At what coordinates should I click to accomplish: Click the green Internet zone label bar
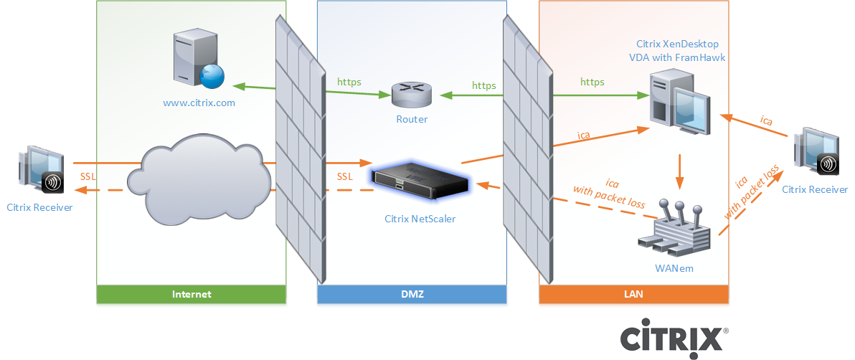pyautogui.click(x=192, y=294)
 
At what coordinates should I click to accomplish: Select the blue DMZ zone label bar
pyautogui.click(x=412, y=294)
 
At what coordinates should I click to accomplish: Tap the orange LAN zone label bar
pyautogui.click(x=633, y=294)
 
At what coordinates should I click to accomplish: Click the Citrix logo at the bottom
pyautogui.click(x=673, y=337)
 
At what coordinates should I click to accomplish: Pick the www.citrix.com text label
pyautogui.click(x=199, y=103)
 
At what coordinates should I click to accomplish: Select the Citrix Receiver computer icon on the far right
pyautogui.click(x=815, y=153)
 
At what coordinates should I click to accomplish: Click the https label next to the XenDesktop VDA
pyautogui.click(x=592, y=82)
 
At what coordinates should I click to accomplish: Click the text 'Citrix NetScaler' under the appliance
pyautogui.click(x=420, y=219)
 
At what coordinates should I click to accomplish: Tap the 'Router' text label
pyautogui.click(x=412, y=119)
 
